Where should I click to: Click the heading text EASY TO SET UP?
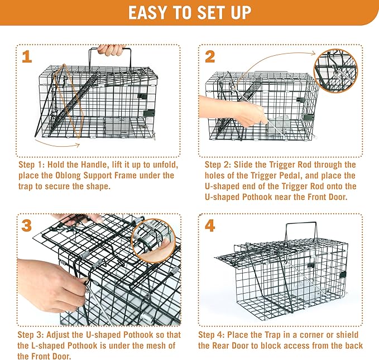tap(189, 12)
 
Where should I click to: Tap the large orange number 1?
tap(27, 56)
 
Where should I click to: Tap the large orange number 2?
tap(210, 56)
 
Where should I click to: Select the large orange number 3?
tap(27, 226)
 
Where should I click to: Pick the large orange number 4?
tap(210, 226)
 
